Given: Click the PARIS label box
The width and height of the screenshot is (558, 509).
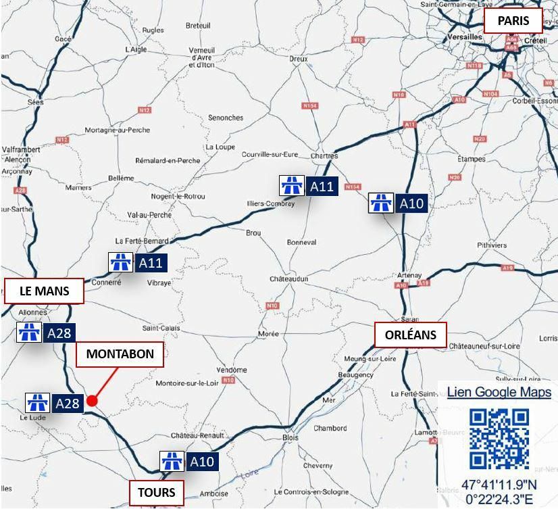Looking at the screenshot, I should pos(513,21).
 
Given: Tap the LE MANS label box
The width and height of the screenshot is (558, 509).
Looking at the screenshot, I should pos(45,291).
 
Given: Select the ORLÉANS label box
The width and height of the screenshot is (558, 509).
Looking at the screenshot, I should pos(411,335).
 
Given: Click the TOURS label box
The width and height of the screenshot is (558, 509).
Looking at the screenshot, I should pos(157,492).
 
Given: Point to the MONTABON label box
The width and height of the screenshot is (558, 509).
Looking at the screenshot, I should pos(120,354).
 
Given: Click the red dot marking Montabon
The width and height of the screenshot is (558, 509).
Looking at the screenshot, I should pos(93,401).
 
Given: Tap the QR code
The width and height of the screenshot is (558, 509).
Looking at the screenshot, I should pos(499,439).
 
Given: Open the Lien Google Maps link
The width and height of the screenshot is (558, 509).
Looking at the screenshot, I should pos(499,392).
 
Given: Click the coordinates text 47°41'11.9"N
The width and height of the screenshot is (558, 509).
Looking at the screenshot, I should pos(499,485).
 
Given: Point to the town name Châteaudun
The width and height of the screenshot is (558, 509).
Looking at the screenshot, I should pos(289,278).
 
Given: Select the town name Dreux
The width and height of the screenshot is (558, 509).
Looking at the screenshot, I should pos(299,59).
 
